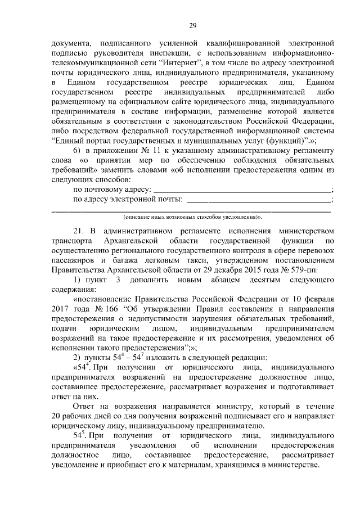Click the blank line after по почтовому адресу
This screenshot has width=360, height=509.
242,190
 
